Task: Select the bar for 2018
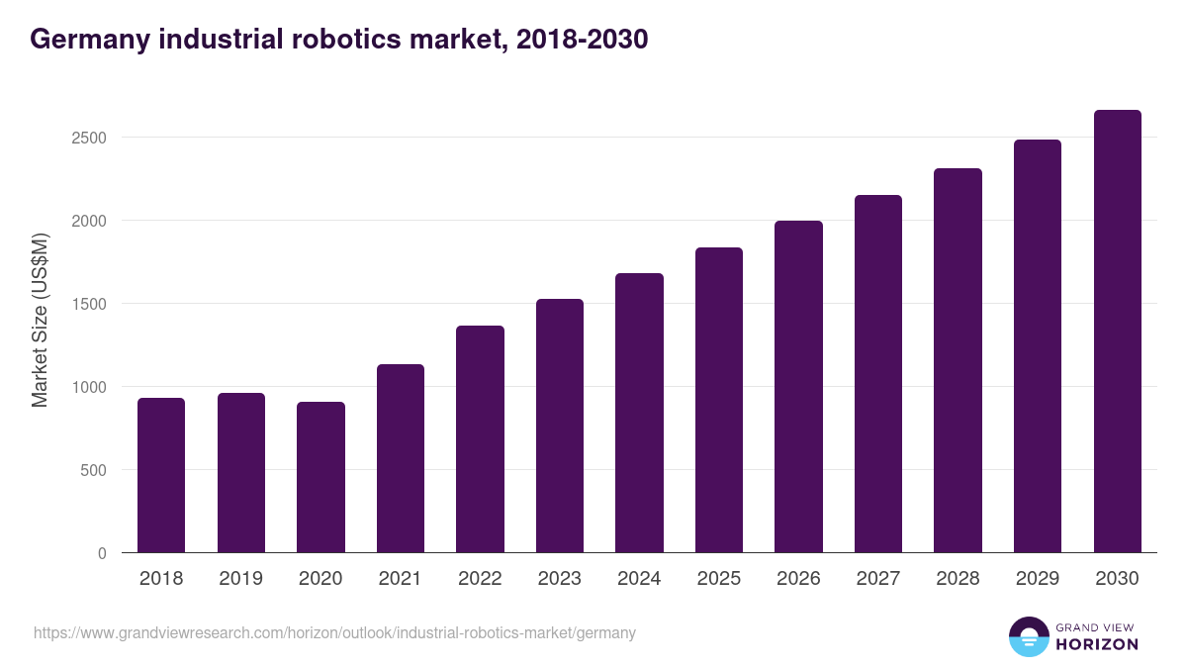(161, 475)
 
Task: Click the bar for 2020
(320, 477)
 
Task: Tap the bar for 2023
(559, 426)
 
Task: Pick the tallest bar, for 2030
(1117, 332)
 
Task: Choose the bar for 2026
(798, 386)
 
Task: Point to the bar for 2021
(400, 458)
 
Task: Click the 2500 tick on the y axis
(88, 138)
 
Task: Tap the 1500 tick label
(88, 304)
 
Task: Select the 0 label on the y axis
(101, 553)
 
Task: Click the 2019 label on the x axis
(240, 579)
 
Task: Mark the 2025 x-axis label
(718, 579)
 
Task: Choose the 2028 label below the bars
(958, 579)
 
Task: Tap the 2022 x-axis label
(480, 579)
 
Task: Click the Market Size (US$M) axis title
(40, 320)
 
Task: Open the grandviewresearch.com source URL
(334, 632)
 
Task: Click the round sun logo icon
(1028, 636)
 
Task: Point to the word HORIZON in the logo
(1097, 644)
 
